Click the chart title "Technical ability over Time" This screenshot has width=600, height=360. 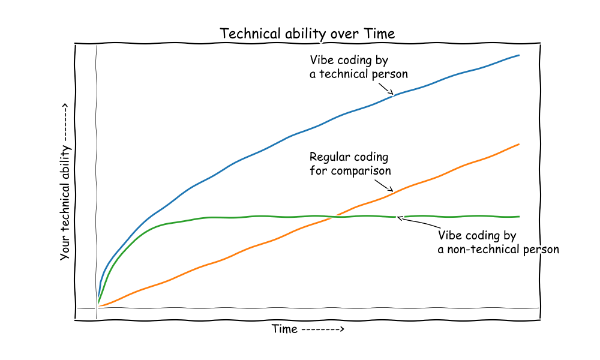point(307,34)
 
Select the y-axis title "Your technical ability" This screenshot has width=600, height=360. point(65,203)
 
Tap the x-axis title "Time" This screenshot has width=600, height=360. point(284,329)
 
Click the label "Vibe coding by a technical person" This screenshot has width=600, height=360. point(359,67)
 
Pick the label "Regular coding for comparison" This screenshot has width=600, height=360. point(350,164)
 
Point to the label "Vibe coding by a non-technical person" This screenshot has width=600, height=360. point(498,242)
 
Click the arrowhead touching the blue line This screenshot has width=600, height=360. point(391,92)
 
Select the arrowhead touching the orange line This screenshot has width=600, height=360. point(391,189)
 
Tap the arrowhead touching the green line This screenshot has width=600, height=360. point(400,218)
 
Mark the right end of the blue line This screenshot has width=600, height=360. point(519,55)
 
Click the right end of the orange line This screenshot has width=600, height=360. point(519,144)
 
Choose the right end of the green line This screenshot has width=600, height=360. point(519,217)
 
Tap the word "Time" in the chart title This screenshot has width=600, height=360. point(379,34)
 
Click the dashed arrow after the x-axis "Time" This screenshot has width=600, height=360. point(323,329)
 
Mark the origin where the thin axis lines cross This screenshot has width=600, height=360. point(97,308)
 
